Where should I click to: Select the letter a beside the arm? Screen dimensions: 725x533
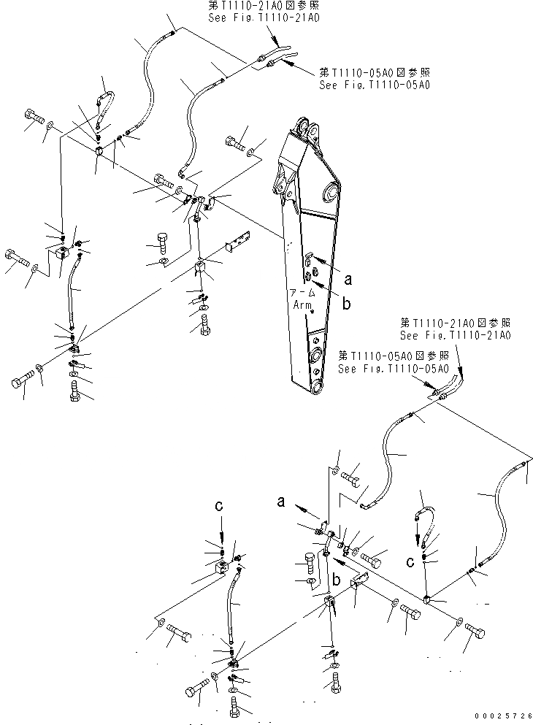tap(348, 278)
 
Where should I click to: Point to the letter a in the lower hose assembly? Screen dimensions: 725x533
tap(280, 500)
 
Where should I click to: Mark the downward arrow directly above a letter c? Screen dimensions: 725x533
tap(419, 540)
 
